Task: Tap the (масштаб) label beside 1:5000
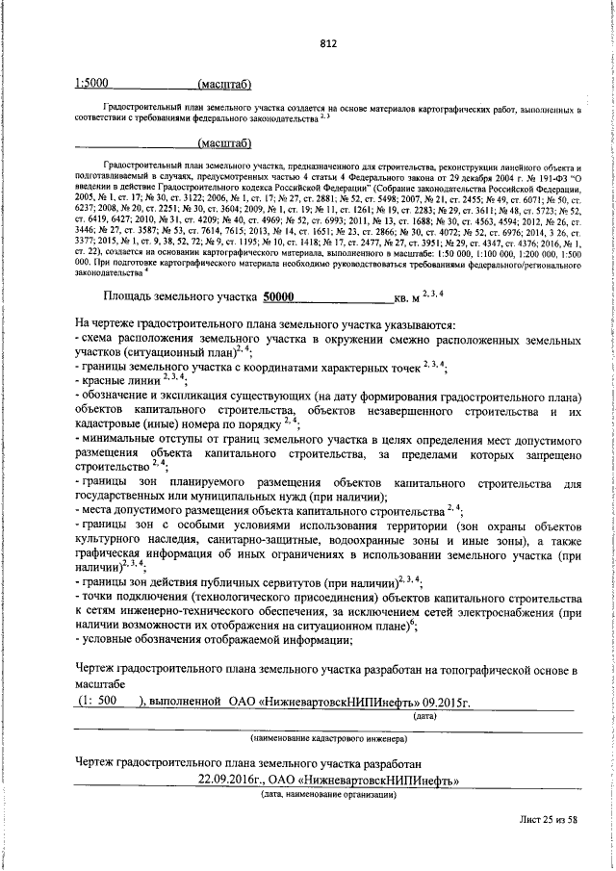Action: [223, 86]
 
